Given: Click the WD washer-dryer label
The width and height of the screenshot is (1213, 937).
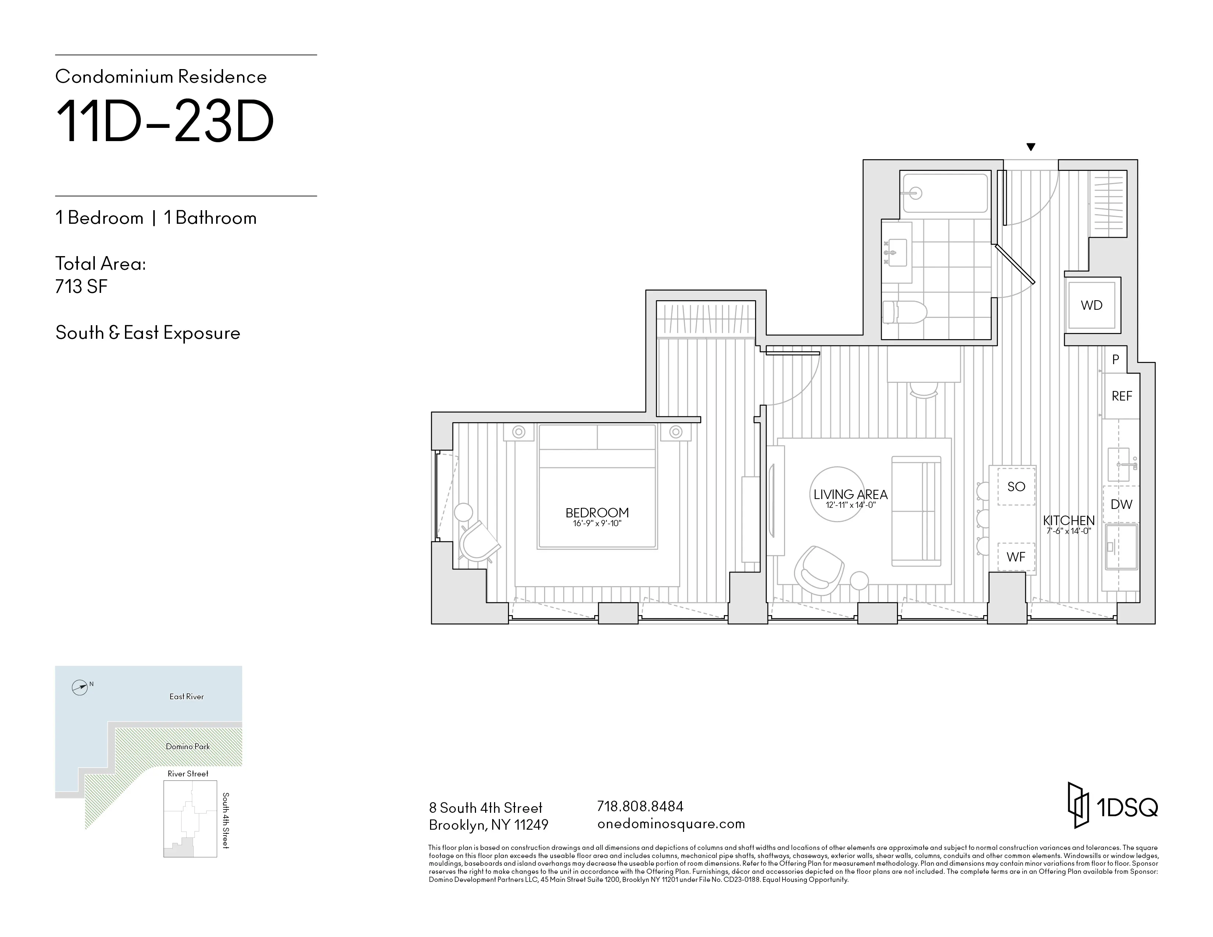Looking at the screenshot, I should (1091, 305).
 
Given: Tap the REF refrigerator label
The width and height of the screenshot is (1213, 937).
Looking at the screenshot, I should (1121, 396).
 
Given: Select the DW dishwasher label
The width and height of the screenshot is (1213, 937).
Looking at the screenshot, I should (1121, 505).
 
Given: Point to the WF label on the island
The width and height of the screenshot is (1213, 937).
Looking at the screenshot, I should (1016, 557).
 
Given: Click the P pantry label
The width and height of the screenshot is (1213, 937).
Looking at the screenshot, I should (1115, 360).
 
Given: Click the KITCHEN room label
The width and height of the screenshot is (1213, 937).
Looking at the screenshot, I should (1069, 521).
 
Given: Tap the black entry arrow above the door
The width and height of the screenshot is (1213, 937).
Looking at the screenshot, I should (1031, 147).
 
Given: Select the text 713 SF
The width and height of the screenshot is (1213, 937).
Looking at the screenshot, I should (82, 287).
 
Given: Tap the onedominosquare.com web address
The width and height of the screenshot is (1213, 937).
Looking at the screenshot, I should (671, 824).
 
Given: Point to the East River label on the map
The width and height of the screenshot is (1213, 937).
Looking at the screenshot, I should (187, 697).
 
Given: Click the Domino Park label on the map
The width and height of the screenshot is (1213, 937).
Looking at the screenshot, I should (188, 747).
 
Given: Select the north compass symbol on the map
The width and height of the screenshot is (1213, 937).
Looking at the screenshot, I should (80, 688).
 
